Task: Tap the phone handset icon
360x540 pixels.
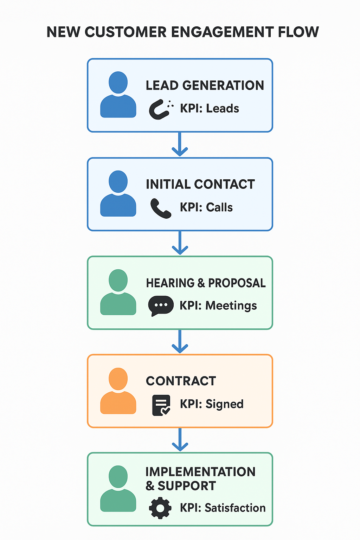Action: click(x=161, y=208)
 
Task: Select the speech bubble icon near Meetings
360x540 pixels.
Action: click(x=161, y=306)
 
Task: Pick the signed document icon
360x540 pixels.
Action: click(x=161, y=405)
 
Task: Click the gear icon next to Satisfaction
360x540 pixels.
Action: click(x=160, y=508)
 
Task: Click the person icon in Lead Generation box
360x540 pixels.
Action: click(x=118, y=95)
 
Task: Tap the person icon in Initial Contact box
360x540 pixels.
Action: click(x=118, y=193)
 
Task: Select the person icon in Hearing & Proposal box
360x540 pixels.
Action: click(x=118, y=292)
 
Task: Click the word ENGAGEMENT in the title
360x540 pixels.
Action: click(x=222, y=32)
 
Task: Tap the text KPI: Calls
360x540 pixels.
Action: click(x=206, y=207)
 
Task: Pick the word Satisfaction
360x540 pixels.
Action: click(x=235, y=508)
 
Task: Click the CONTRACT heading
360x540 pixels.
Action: click(x=181, y=381)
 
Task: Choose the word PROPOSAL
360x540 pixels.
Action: click(x=237, y=283)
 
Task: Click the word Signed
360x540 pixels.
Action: click(x=224, y=404)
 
